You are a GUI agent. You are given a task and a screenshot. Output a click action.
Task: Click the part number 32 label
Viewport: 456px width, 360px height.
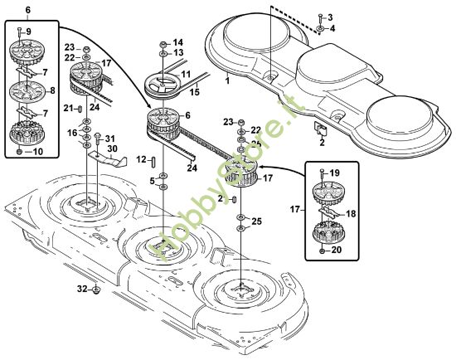click(82, 289)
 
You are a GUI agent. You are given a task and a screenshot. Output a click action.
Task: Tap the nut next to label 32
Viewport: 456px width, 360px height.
click(96, 289)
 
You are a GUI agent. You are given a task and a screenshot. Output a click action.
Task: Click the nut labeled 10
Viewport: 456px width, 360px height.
click(19, 152)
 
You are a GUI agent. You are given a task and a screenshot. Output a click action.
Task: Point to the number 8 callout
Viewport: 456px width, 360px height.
click(52, 90)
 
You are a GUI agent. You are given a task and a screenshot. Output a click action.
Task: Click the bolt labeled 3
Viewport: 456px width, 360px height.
click(320, 19)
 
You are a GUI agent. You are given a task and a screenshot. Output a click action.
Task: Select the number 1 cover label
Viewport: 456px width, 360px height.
click(228, 80)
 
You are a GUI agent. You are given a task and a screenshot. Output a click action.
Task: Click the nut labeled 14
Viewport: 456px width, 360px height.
click(163, 45)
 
